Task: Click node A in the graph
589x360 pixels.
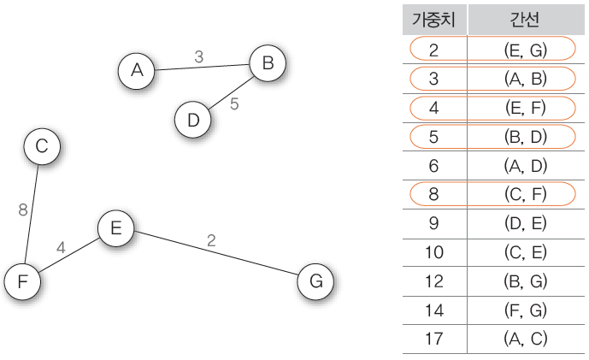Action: coord(137,71)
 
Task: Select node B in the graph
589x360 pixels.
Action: coord(268,63)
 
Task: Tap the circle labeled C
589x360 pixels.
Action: coord(42,146)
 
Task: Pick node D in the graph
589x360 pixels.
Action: coord(192,120)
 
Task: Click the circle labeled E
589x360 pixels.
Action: coord(115,228)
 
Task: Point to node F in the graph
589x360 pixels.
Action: coord(22,281)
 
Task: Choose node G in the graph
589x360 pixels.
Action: coord(315,281)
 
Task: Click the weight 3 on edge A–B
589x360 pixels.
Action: coord(198,56)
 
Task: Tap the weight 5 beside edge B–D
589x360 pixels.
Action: coord(234,104)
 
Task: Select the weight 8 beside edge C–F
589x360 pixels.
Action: coord(23,210)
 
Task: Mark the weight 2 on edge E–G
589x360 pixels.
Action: coord(211,240)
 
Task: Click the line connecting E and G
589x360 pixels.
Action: coord(216,253)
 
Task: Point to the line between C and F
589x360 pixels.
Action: coord(31,214)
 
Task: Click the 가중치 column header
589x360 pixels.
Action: coord(434,20)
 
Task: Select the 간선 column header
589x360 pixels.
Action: coord(525,20)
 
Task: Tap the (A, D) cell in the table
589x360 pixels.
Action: coord(525,166)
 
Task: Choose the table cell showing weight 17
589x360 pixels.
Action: coord(434,339)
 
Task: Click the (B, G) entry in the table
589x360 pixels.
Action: coord(525,281)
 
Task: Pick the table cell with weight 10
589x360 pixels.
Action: coord(434,252)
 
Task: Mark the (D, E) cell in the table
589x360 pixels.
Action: coord(525,223)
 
